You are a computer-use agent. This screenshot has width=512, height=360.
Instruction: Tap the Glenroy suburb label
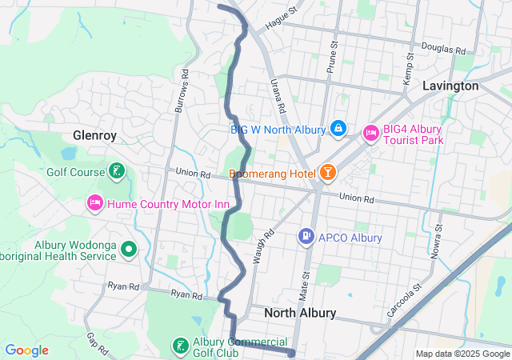click(x=94, y=135)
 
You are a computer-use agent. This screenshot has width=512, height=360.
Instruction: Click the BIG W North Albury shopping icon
click(x=338, y=129)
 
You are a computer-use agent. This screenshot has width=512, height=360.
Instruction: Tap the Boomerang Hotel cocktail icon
click(x=327, y=173)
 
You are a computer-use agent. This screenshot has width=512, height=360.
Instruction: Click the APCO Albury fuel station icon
click(x=306, y=237)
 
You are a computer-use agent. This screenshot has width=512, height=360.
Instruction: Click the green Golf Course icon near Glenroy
click(x=117, y=171)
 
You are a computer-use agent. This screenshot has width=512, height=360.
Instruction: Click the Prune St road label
click(x=330, y=58)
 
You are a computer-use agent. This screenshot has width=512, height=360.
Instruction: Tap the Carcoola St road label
click(x=404, y=298)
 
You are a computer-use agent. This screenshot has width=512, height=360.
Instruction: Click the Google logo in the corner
click(x=27, y=350)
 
